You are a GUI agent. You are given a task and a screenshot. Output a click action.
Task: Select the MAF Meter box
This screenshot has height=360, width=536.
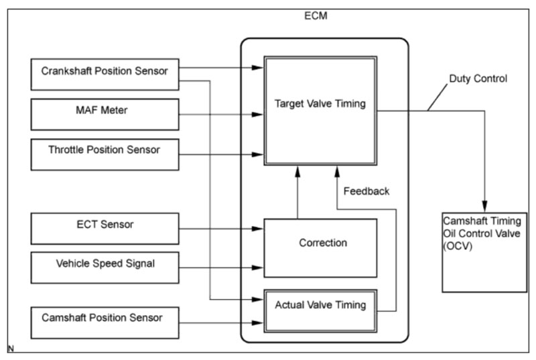tap(105, 114)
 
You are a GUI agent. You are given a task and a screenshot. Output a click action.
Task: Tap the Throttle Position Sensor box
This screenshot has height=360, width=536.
tap(105, 154)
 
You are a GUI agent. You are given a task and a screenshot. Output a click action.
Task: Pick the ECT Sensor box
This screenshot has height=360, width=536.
tap(105, 229)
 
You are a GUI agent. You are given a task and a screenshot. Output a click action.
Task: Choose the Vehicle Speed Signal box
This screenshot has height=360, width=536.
tap(105, 267)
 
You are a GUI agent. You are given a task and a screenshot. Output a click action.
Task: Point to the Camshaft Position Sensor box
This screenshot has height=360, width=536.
tap(105, 322)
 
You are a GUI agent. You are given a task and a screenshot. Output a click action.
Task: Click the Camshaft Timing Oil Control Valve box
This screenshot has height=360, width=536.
tap(484, 252)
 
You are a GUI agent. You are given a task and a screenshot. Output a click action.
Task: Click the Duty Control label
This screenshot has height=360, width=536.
tap(478, 78)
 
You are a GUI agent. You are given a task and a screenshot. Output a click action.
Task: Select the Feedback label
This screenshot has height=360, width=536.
tap(366, 191)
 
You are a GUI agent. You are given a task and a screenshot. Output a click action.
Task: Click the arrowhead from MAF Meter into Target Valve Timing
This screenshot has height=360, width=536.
tap(259, 115)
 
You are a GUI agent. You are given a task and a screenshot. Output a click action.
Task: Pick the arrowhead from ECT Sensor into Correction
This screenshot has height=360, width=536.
tap(259, 229)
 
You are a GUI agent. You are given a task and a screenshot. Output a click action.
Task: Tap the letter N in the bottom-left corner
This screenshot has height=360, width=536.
tap(10, 349)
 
